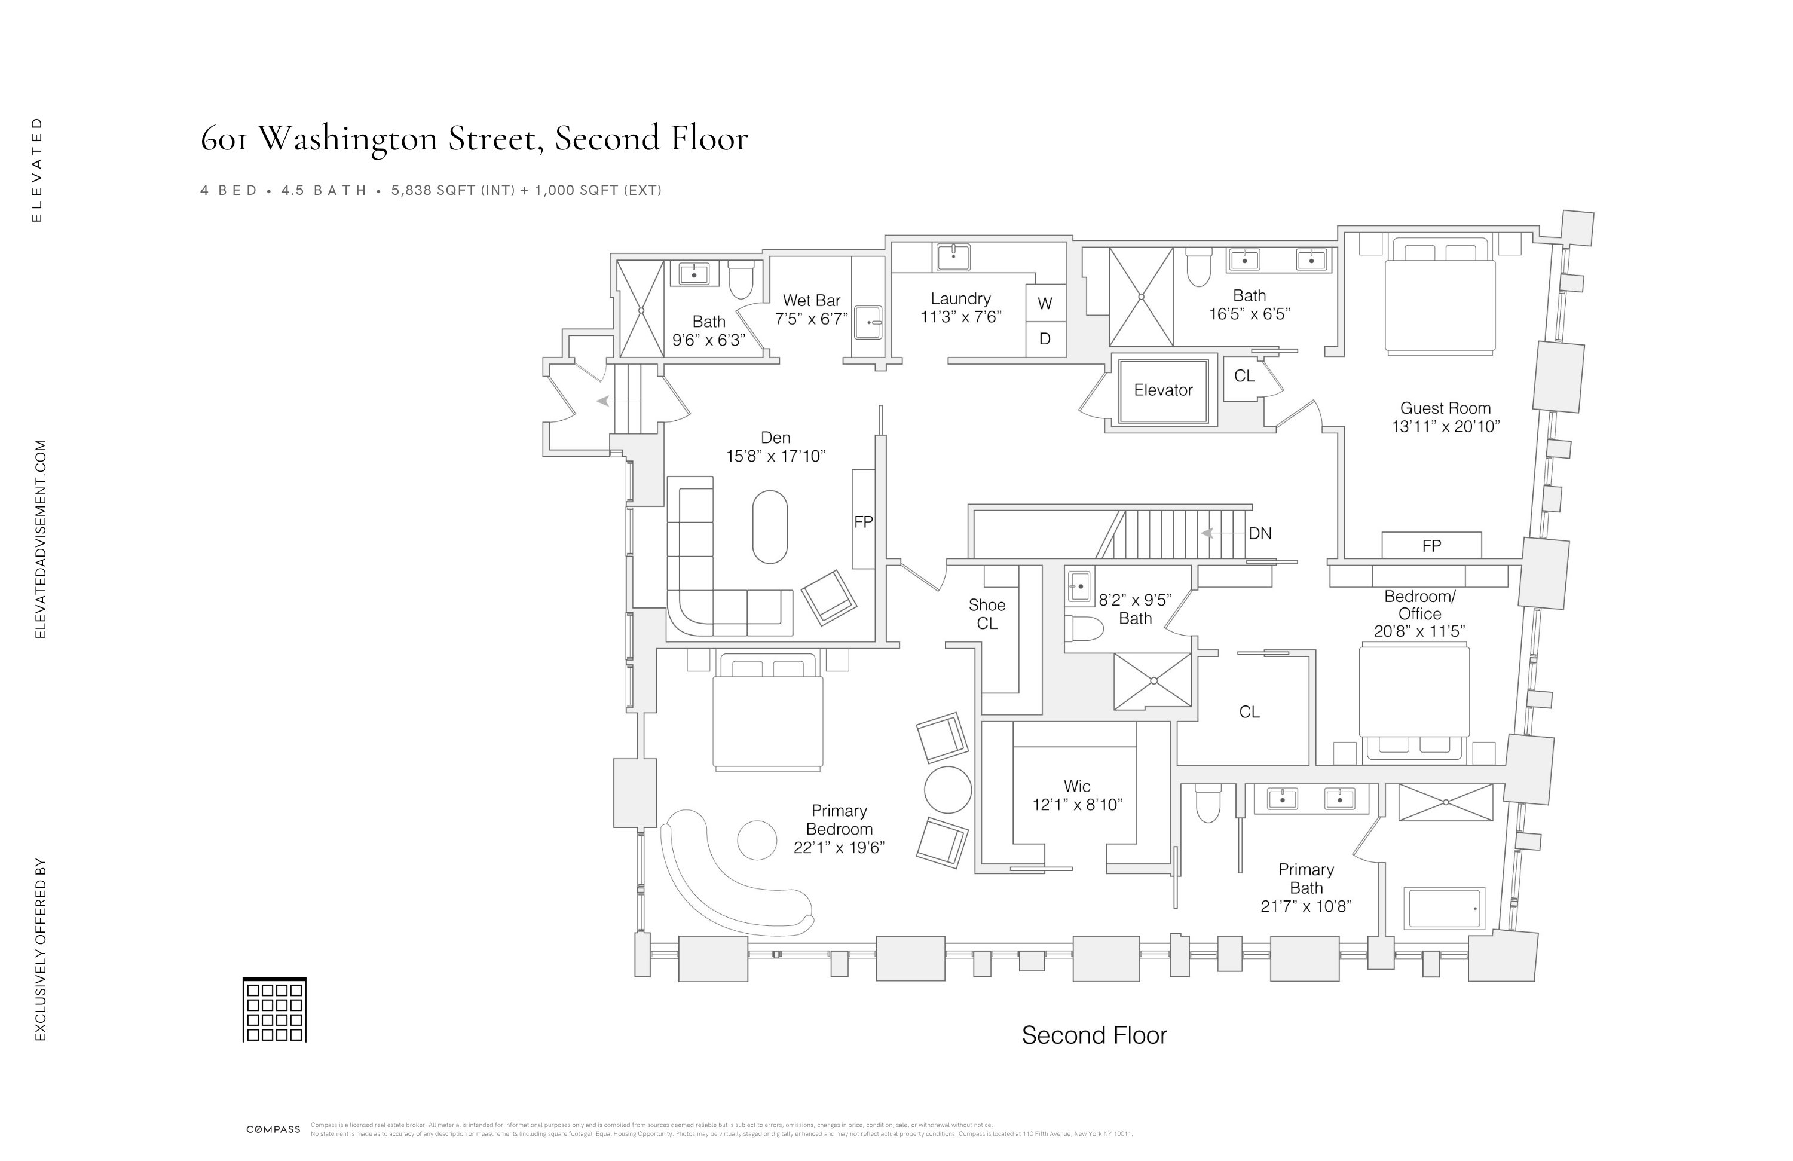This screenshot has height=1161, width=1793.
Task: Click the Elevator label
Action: (1162, 390)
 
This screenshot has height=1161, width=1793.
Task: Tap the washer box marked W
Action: (1045, 304)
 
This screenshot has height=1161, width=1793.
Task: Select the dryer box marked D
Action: (1045, 339)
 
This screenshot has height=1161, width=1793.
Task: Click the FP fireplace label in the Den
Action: (864, 521)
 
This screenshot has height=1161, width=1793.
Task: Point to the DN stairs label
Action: (1260, 533)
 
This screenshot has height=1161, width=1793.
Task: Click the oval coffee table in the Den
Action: (770, 527)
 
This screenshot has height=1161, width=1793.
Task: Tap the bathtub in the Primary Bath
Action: (1443, 908)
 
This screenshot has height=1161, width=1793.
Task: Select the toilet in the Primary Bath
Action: (1208, 804)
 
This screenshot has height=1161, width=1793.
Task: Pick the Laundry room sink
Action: (953, 256)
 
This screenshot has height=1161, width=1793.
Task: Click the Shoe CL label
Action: (987, 614)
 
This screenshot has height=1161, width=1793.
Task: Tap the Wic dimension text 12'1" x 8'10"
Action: (1078, 805)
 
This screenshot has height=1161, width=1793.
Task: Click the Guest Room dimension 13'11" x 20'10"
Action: (1445, 426)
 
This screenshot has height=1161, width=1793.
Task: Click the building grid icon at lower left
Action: (274, 1010)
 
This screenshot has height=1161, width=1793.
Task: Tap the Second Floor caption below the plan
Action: (1094, 1035)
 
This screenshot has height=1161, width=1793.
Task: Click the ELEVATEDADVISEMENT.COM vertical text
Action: (41, 539)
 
